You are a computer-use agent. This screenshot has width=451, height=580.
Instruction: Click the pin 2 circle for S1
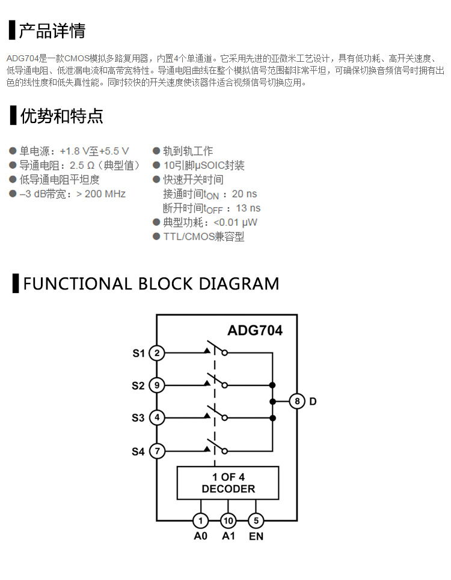pos(157,353)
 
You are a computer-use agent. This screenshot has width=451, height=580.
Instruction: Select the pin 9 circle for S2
pos(157,385)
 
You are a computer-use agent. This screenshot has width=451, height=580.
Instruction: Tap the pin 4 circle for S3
pos(157,417)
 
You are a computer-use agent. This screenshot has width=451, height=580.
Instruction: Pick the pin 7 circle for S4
pos(157,450)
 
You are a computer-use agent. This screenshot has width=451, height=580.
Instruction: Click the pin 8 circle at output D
pos(297,401)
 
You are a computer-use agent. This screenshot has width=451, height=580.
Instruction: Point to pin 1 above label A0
pos(200,521)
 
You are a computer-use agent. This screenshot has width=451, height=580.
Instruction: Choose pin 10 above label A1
pos(229,521)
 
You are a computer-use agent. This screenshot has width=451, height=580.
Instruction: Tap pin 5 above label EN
pos(256,521)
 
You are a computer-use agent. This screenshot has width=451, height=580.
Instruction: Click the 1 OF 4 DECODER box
pos(228,483)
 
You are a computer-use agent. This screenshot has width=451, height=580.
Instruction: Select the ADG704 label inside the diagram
pos(255,330)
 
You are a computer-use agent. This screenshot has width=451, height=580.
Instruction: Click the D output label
pos(313,401)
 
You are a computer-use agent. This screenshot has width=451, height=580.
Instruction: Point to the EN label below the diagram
pos(256,536)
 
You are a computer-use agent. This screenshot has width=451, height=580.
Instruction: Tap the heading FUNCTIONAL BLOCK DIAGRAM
pos(151,283)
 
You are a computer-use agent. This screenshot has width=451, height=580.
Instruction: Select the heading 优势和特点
pos(61,116)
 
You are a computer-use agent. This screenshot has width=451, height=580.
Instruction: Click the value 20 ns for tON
pos(244,194)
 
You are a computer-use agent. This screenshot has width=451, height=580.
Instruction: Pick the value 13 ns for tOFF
pos(248,208)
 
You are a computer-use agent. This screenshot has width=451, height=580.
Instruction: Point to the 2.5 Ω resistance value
pos(82,166)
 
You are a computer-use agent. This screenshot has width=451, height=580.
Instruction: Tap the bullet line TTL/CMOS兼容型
pos(203,237)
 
